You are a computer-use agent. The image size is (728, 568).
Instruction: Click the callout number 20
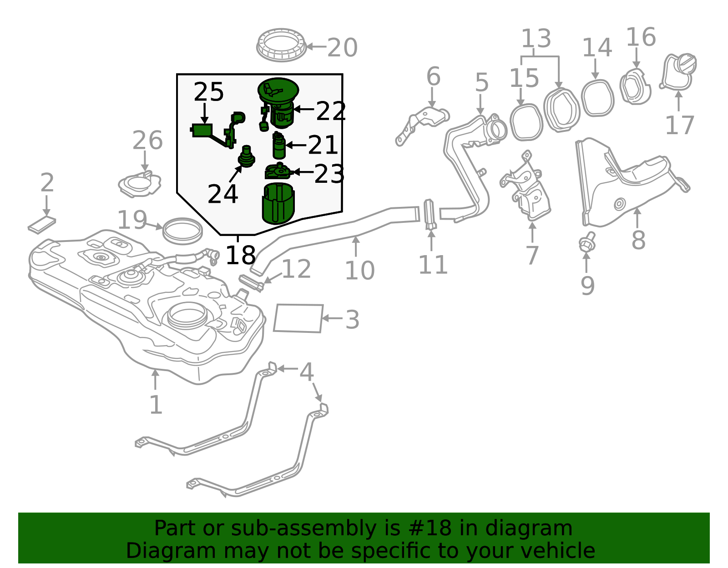pos(342,48)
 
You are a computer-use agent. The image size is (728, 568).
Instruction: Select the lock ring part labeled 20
pos(281,45)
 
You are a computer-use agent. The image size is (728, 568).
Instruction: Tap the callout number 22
pos(331,111)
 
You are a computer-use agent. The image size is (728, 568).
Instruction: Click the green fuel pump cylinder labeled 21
pos(279,147)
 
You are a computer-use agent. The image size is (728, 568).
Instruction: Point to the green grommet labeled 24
pos(247,157)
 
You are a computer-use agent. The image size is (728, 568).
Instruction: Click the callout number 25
pos(209,92)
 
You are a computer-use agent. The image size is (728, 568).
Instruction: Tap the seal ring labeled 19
pos(182,231)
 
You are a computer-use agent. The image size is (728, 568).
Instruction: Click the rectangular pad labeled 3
pos(298,318)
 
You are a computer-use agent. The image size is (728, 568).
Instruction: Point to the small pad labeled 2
pos(42,224)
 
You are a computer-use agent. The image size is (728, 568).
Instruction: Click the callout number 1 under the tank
pos(156,405)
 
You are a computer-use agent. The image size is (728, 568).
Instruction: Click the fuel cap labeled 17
pos(678,72)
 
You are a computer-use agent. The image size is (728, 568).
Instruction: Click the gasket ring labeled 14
pos(597,98)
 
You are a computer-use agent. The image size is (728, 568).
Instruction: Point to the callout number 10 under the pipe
pos(359,271)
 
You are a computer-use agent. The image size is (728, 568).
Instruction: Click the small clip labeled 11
pos(430,214)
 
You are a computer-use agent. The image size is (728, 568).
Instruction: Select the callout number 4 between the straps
pos(307,372)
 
